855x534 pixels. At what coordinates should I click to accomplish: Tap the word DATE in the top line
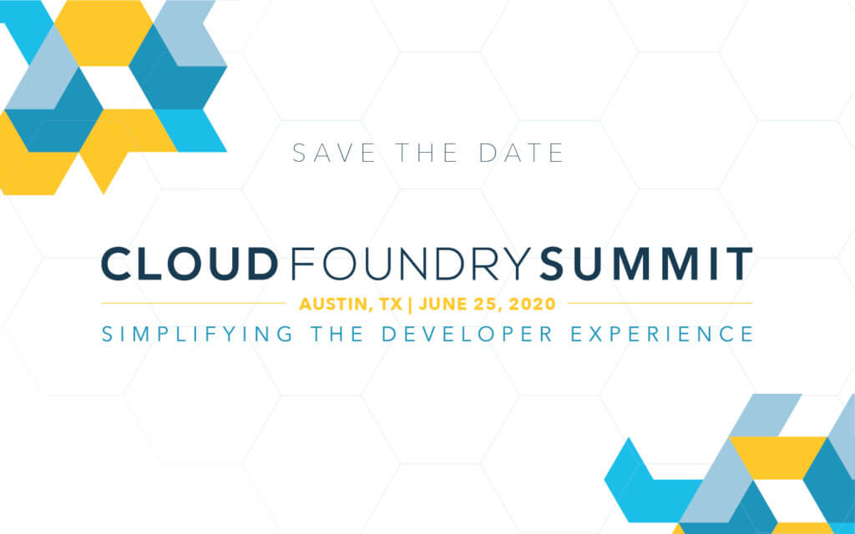tap(521, 154)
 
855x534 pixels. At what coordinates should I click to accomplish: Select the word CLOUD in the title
tap(190, 264)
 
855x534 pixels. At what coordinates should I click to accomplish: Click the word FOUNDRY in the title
tap(411, 264)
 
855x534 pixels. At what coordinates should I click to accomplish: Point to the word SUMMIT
tap(646, 264)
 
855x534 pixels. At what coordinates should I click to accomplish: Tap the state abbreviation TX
tap(391, 304)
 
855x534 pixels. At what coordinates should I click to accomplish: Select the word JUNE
tap(440, 304)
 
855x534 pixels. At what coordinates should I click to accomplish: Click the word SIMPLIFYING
tap(197, 334)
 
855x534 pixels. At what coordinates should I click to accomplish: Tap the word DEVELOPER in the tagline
tap(468, 334)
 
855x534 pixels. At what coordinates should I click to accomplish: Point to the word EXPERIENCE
tap(662, 334)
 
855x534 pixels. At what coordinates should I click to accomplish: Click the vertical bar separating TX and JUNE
tap(410, 304)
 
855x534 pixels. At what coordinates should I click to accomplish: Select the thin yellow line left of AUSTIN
tap(194, 303)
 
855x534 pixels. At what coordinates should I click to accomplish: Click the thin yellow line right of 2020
tap(660, 303)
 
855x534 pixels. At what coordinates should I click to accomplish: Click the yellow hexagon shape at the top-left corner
tap(103, 33)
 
